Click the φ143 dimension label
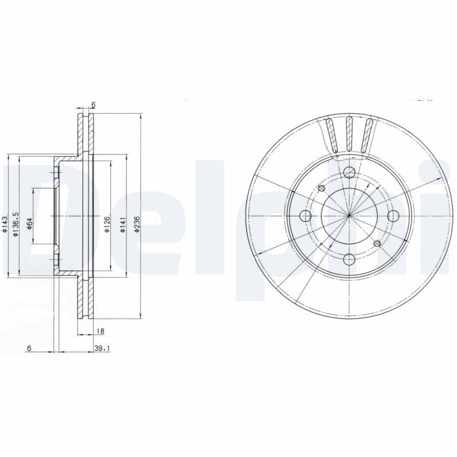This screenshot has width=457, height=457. click(5, 224)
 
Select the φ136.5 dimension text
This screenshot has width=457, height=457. click(17, 224)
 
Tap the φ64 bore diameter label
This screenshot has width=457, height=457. click(29, 224)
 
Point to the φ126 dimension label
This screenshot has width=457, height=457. click(107, 224)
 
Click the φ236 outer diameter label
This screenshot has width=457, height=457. click(137, 224)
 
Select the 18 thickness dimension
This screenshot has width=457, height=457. click(100, 331)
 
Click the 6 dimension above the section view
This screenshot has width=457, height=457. click(93, 105)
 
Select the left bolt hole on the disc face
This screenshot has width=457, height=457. click(306, 216)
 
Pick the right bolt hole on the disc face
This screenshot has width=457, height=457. click(392, 215)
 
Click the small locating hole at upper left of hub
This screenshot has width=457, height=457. click(321, 189)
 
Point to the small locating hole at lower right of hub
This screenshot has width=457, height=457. click(376, 244)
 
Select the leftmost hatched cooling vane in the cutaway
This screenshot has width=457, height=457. click(331, 136)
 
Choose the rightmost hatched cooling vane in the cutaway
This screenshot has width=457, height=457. click(367, 136)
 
